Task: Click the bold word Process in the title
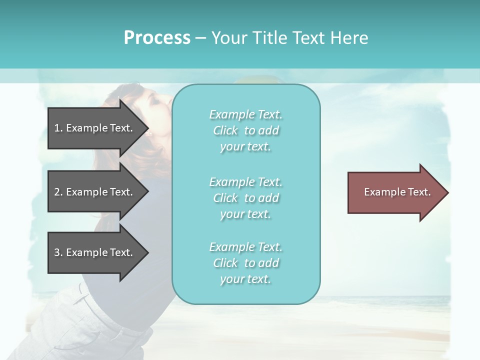click(x=157, y=37)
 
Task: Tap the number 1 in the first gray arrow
click(x=57, y=128)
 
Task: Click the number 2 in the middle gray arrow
click(x=57, y=192)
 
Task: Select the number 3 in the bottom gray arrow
click(x=57, y=252)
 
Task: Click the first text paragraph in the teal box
click(x=245, y=130)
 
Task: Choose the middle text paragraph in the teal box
click(x=245, y=198)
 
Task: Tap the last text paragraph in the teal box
click(x=245, y=263)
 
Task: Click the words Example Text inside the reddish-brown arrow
click(x=397, y=192)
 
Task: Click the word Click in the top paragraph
click(x=225, y=130)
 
